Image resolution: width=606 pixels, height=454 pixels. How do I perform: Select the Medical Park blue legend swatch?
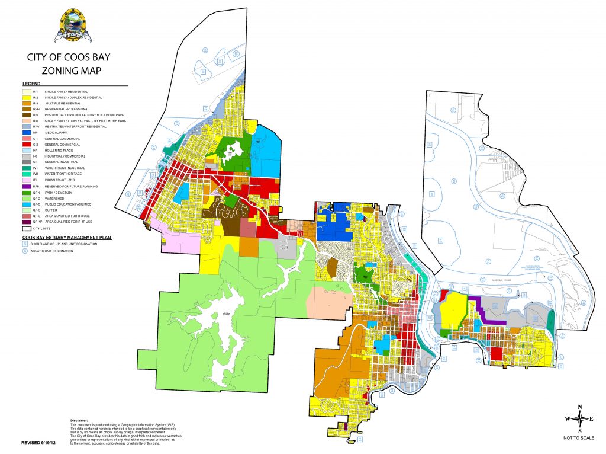tap(27, 133)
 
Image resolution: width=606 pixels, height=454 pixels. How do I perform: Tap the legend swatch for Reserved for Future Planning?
tap(27, 186)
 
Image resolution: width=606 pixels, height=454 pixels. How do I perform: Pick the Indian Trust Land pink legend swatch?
tap(27, 180)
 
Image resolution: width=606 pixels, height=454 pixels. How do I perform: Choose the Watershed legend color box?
tap(27, 198)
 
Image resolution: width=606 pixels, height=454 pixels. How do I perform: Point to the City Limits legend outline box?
tap(27, 228)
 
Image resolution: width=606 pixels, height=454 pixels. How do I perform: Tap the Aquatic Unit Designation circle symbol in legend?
tap(27, 251)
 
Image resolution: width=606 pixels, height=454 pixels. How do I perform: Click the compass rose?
tap(579, 418)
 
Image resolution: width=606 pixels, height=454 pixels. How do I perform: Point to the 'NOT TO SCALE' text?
tap(579, 437)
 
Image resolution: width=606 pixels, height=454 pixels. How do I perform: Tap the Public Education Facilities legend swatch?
tap(27, 204)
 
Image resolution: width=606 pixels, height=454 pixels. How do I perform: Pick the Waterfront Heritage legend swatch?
tap(27, 174)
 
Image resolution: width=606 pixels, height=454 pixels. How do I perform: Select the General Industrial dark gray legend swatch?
tap(27, 162)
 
